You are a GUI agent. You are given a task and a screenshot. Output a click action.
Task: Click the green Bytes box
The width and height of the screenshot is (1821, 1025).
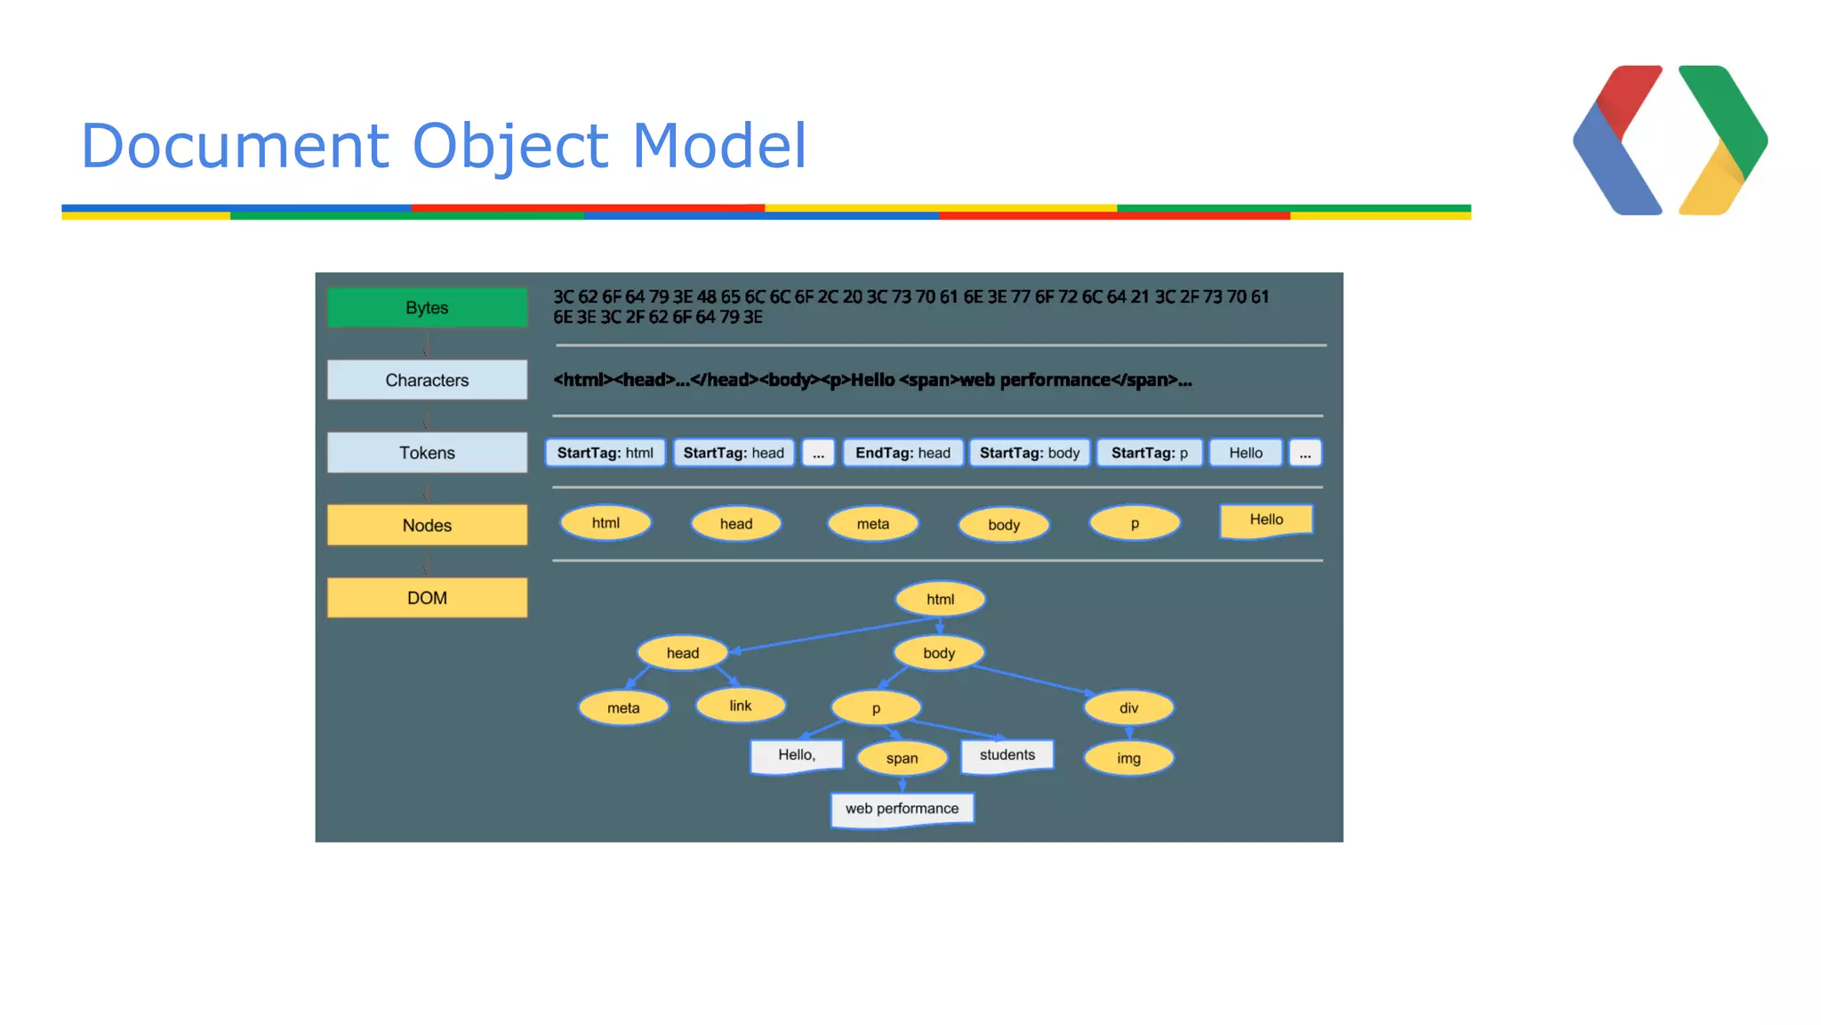pos(427,307)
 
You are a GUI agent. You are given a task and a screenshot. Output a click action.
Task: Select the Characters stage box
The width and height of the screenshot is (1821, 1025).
pos(427,380)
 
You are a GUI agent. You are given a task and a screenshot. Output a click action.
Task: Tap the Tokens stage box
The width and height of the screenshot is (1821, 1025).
pos(427,453)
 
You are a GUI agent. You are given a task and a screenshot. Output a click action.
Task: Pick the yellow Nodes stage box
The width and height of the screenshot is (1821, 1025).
pos(427,525)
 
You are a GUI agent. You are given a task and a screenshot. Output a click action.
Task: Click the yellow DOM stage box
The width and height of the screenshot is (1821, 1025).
pos(427,598)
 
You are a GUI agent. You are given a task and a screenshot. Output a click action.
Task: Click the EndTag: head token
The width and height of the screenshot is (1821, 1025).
pos(902,453)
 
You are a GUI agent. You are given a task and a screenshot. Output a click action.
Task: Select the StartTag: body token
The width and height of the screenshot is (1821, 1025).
pos(1030,453)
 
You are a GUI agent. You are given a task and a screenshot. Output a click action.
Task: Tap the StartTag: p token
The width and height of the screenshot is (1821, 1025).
pos(1149,453)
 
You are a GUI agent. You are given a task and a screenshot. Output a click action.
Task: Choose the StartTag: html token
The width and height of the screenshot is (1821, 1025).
pos(605,453)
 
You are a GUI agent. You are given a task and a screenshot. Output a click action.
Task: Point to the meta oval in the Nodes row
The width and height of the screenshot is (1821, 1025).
pos(872,524)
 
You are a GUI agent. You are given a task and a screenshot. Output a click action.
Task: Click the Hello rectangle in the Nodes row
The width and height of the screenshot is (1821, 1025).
pos(1266,521)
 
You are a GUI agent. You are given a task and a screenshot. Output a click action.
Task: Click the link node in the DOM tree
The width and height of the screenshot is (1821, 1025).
pos(741,706)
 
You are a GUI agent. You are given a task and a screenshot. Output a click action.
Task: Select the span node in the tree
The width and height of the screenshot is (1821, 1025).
pos(902,758)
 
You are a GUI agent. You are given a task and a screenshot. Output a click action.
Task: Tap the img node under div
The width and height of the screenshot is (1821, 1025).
pos(1128,758)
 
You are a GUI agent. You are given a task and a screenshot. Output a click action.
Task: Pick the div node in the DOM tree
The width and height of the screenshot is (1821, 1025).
pos(1128,708)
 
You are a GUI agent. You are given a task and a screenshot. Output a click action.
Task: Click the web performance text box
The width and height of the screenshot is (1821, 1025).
pos(902,809)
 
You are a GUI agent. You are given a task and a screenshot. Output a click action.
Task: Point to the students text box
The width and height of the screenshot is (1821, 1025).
pos(1007,755)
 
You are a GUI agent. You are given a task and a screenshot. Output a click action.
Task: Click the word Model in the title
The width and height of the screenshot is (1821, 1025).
pos(719,145)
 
